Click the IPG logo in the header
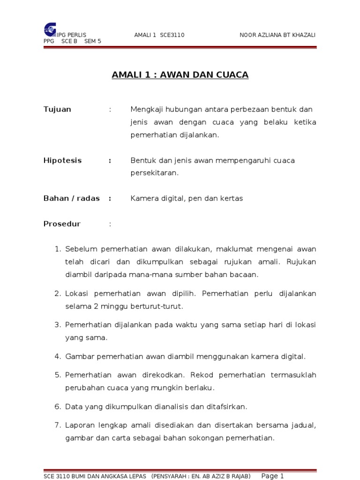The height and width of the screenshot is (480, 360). coord(49,29)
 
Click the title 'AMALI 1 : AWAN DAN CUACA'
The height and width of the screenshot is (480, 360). coord(180,75)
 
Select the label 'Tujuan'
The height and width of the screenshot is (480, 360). coord(57,109)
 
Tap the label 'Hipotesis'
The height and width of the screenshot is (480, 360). coord(62,160)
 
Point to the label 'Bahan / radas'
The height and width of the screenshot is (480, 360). coord(71,198)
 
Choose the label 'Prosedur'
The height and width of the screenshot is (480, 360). coord(62,224)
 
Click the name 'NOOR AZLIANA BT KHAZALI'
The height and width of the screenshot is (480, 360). coord(277,35)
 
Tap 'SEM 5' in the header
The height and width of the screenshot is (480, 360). coord(93,41)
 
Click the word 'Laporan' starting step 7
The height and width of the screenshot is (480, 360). coord(80,426)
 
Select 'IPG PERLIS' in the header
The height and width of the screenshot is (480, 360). coord(71,35)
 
